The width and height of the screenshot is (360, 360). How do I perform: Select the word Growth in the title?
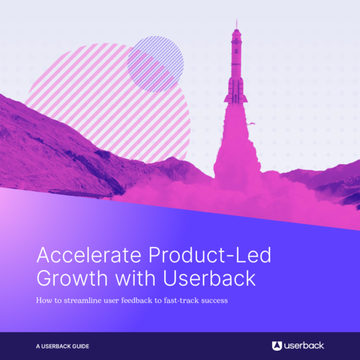69,277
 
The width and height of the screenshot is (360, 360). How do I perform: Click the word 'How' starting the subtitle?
44,300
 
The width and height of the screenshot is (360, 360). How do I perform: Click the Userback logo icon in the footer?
277,346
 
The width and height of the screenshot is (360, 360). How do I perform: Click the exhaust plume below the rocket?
236,151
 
